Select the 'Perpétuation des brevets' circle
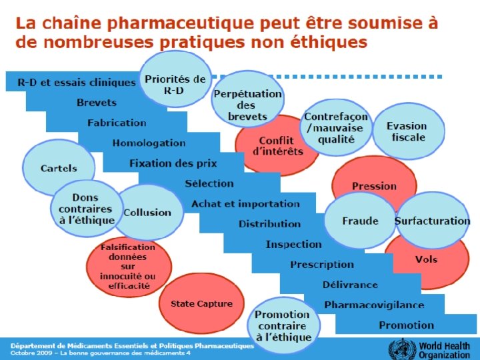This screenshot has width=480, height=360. tap(247, 105)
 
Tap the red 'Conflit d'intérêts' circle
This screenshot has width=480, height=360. tap(281, 146)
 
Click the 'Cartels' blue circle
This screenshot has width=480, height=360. tap(59, 169)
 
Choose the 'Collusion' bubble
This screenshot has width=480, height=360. tap(147, 212)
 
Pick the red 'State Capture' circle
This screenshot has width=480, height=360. tap(201, 303)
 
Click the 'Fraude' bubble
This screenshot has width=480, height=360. tap(360, 221)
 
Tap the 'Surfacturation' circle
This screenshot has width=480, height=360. tap(432, 221)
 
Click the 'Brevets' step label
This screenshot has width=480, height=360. tap(96, 103)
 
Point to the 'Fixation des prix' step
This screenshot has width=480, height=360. tap(173, 163)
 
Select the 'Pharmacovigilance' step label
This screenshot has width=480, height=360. tap(373, 305)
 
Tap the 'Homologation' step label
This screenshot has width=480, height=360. tap(149, 143)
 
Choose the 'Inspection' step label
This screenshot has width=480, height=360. tap(293, 244)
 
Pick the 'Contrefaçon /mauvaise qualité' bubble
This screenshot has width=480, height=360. tap(337, 127)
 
